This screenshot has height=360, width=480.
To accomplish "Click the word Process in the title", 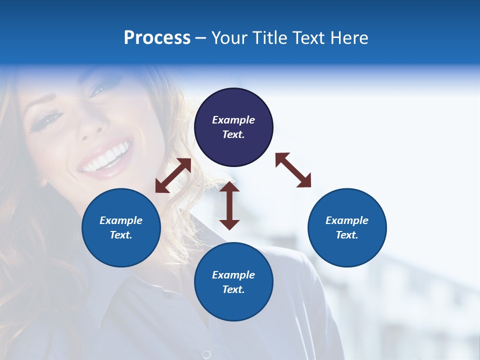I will pos(157,38).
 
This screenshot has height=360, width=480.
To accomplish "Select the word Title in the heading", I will pos(269,38).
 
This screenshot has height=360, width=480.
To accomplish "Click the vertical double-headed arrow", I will pos(229,205).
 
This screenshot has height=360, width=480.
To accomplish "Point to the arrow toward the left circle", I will pos(173,175).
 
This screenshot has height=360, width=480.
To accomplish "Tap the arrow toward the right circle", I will pos(293,170).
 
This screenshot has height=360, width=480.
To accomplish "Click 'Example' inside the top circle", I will pos(233,120).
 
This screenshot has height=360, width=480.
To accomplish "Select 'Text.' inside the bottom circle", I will pos(233,289).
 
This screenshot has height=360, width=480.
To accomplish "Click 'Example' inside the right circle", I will pos(347,220).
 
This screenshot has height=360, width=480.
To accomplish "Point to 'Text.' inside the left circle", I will pos(121,235).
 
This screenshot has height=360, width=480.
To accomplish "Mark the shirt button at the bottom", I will pos(206,354).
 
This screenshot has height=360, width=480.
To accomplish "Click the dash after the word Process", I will pos(201,38).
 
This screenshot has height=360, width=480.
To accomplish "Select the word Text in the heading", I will pos(306,38).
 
